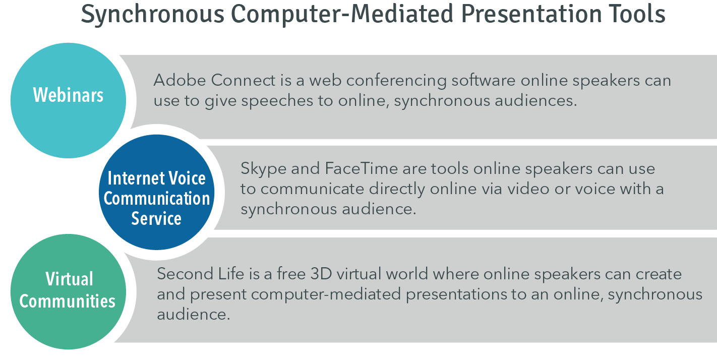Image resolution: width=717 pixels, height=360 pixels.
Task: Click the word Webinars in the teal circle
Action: [x=68, y=95]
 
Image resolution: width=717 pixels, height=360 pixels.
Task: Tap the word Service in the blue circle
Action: [x=156, y=218]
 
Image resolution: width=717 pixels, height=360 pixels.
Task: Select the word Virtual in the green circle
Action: [x=70, y=279]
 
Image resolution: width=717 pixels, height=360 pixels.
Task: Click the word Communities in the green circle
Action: [x=67, y=301]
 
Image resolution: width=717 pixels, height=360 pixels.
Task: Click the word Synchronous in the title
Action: [x=153, y=15]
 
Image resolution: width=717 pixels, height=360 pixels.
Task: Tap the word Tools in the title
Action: [x=633, y=15]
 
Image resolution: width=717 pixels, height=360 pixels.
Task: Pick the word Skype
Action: [x=263, y=169]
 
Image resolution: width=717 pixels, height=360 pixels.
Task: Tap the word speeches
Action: [x=277, y=101]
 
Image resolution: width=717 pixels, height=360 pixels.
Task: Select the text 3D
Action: [x=321, y=274]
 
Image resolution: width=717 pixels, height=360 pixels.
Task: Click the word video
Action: [x=528, y=189]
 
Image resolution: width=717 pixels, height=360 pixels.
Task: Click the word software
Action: [x=484, y=80]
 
